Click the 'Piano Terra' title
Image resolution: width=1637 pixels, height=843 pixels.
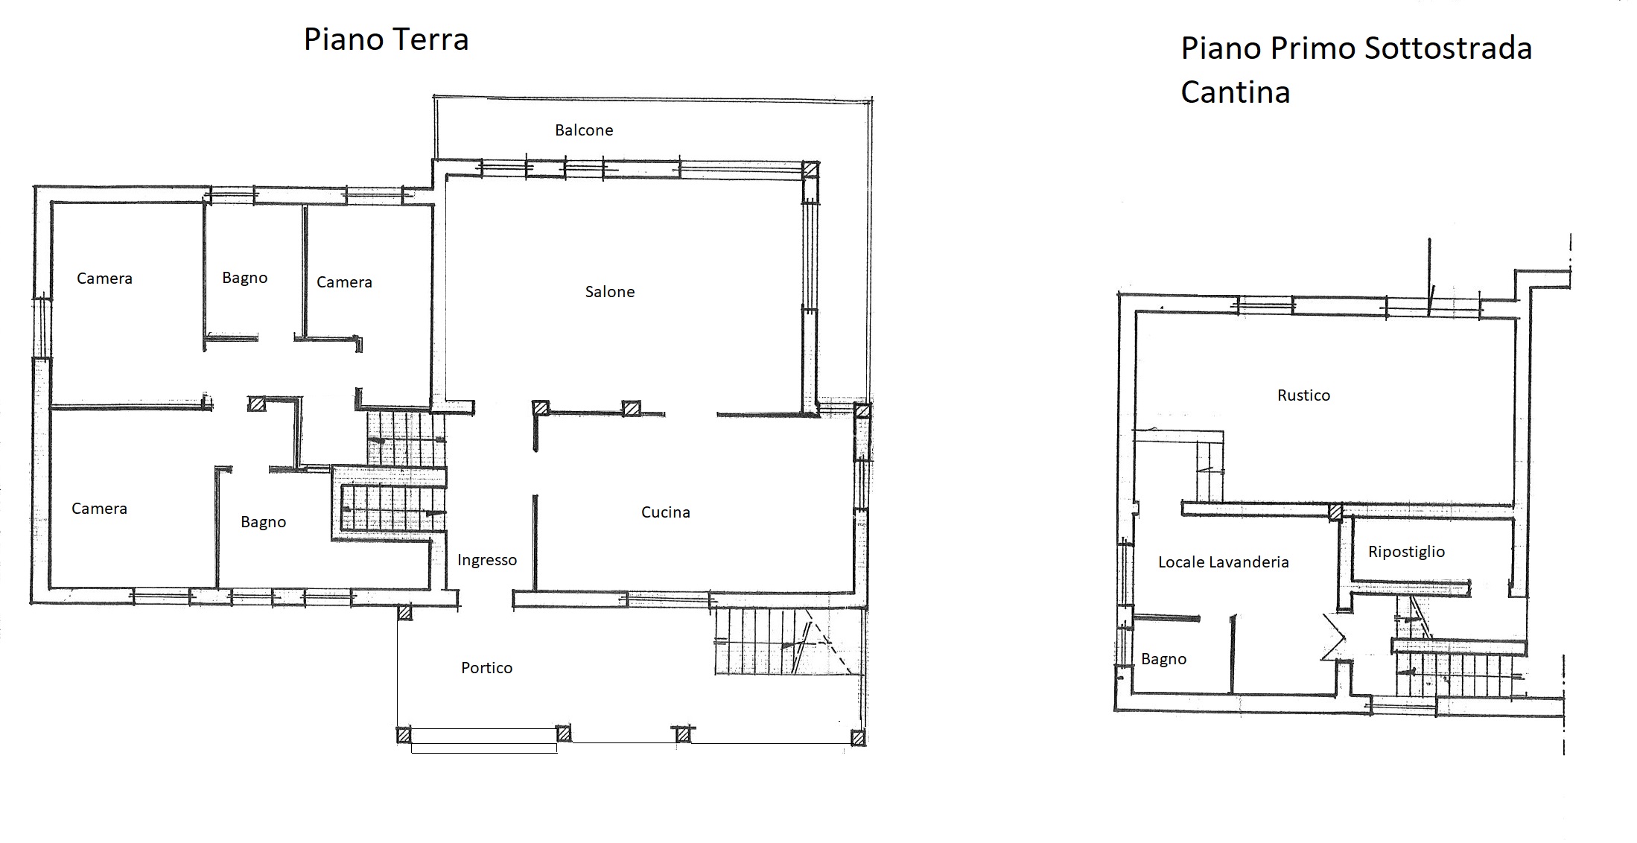tap(386, 39)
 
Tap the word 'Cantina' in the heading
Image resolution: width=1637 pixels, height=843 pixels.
tap(1235, 92)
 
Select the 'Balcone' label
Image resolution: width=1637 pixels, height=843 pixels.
tap(584, 130)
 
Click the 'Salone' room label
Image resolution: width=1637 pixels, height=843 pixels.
tap(610, 292)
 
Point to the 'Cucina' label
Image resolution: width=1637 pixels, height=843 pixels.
tap(666, 512)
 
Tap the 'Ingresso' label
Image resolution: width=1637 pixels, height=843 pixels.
tap(487, 560)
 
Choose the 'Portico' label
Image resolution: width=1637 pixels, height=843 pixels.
tap(487, 668)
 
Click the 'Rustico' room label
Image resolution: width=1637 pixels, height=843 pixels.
tap(1303, 395)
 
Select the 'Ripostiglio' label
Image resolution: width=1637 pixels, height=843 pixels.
tap(1406, 552)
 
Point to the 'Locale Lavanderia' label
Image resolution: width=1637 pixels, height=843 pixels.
tap(1223, 562)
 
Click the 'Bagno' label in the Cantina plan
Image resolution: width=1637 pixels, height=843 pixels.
tap(1164, 659)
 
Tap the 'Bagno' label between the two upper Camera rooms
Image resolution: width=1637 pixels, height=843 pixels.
tap(245, 278)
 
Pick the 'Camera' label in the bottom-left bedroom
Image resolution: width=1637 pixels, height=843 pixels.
tap(99, 509)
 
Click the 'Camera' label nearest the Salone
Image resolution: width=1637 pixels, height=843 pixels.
tap(344, 282)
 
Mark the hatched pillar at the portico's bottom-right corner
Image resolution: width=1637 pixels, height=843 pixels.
tap(858, 738)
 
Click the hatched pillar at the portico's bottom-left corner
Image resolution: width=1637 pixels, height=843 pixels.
tap(404, 736)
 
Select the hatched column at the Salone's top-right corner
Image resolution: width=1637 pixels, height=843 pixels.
tap(810, 169)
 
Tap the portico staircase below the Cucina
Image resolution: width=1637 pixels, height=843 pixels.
tap(783, 642)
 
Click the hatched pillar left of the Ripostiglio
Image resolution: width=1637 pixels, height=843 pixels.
tap(1335, 512)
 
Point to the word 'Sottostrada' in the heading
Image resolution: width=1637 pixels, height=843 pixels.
tap(1448, 48)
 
